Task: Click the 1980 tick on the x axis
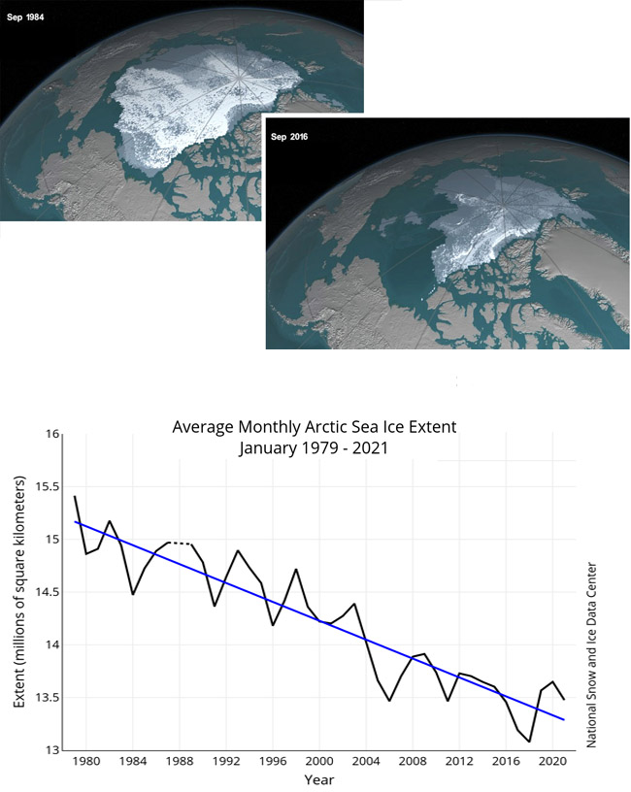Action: tap(86, 762)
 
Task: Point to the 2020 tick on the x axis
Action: tap(552, 762)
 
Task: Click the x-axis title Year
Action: tap(319, 778)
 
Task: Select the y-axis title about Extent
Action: tap(20, 592)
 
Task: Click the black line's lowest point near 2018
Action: tap(529, 742)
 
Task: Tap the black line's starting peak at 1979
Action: tap(75, 497)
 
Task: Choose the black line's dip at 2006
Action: tap(389, 700)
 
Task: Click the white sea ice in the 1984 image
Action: tap(194, 107)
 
